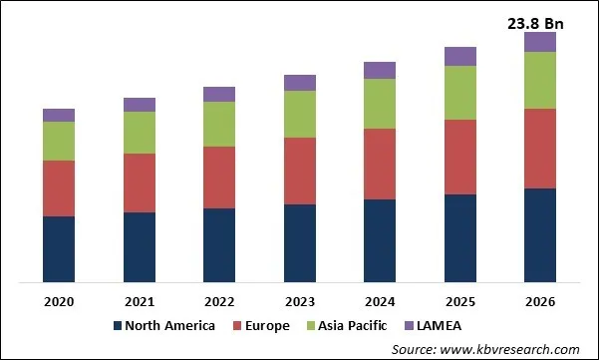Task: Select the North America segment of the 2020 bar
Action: coord(59,248)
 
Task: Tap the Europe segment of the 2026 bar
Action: coord(540,148)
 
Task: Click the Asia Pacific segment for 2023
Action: coord(300,114)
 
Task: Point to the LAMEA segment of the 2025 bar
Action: coord(459,56)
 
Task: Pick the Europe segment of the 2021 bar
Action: coord(140,182)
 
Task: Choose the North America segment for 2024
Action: coord(380,240)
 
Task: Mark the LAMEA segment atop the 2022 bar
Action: coord(219,94)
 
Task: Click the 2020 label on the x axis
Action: coord(59,300)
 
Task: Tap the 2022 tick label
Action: coord(219,300)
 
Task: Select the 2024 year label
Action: coord(380,300)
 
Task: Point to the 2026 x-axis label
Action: coord(540,300)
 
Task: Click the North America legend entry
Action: coord(170,325)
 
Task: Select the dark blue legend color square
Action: coord(118,326)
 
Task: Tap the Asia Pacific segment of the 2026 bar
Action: coord(540,80)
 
